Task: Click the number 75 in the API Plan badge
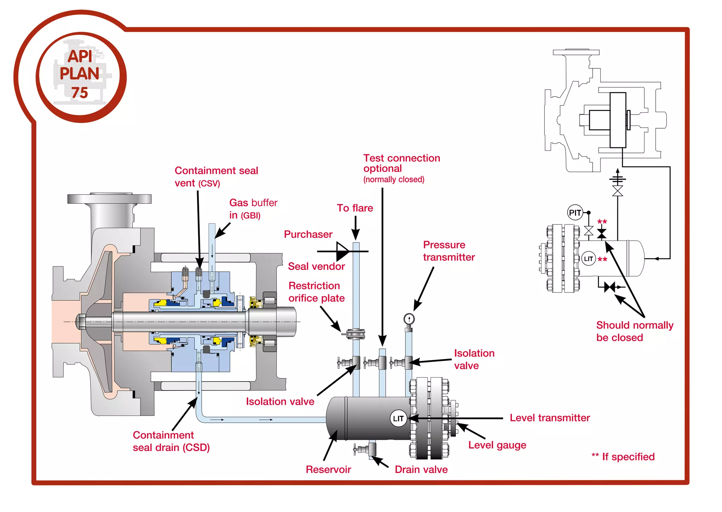pos(80,93)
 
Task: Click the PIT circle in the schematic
pos(575,212)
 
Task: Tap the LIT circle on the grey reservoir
pos(398,418)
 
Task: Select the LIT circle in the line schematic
pos(588,259)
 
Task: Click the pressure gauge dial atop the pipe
pos(409,319)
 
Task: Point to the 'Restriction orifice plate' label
pos(316,292)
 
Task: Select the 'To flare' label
pos(355,208)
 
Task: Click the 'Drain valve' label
pos(421,469)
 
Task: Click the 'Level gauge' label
pos(497,445)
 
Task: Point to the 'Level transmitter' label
pos(550,418)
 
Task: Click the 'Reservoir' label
pos(328,469)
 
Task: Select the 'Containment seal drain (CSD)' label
pos(171,441)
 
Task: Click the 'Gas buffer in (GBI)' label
pos(253,209)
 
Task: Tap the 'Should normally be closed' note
pos(634,331)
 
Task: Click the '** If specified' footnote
pos(623,457)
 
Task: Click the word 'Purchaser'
pos(308,234)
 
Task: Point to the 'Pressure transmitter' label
pos(449,251)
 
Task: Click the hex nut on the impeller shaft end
pos(81,321)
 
